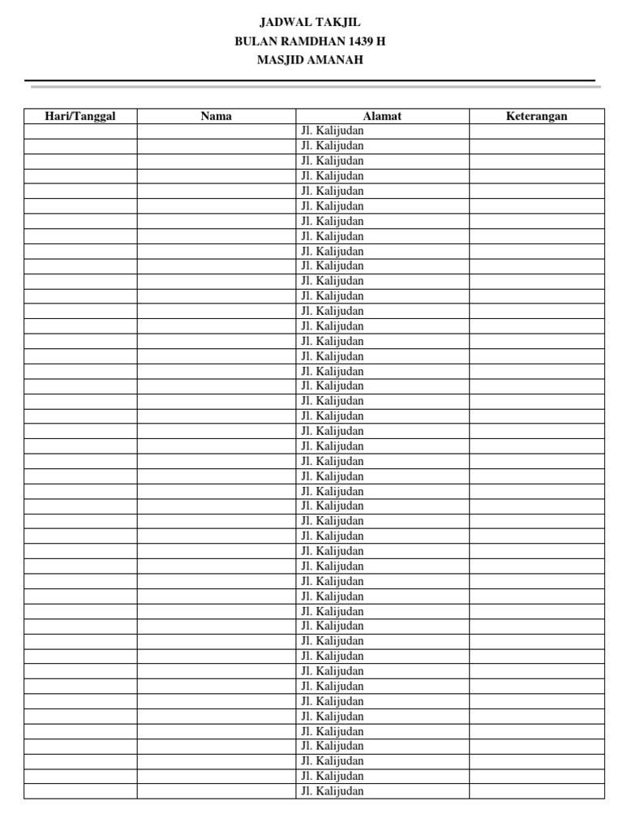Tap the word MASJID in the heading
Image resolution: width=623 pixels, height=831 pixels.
coord(279,59)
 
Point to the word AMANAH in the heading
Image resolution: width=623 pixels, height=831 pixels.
coord(334,59)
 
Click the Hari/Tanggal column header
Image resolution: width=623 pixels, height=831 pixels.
coord(80,116)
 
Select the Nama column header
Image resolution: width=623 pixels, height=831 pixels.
coord(217,116)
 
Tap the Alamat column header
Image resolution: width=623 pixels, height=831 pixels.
coord(382,116)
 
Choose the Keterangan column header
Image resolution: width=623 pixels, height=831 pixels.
coord(536,116)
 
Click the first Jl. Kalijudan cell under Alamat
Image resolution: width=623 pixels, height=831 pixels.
coord(333,131)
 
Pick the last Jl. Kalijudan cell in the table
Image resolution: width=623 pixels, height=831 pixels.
coord(333,791)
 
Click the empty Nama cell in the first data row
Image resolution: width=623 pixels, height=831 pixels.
coord(217,131)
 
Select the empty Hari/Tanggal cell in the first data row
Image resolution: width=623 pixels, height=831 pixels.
coord(80,131)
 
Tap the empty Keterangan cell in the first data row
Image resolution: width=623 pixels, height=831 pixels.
coord(536,131)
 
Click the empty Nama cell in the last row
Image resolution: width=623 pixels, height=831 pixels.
coord(217,791)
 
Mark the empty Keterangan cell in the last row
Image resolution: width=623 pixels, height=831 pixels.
coord(536,791)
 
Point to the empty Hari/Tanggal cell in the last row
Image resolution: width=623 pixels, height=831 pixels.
coord(80,791)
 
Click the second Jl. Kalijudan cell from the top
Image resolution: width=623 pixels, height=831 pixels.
coord(333,146)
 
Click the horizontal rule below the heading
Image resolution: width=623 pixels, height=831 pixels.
coord(311,81)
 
